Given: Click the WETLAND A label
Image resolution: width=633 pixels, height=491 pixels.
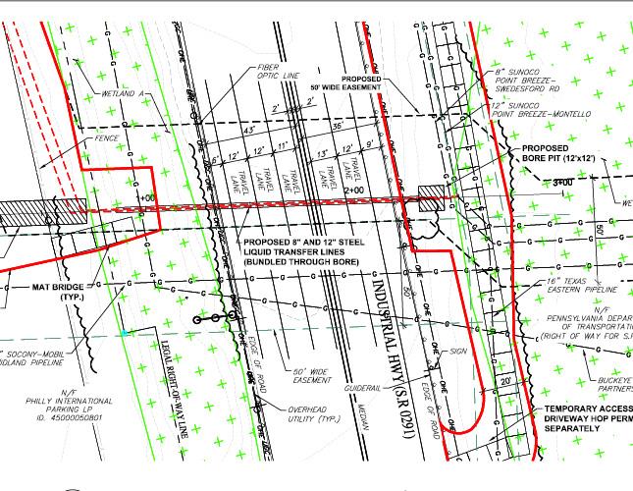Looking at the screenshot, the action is point(124,94).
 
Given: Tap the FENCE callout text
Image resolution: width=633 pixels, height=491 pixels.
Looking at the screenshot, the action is point(107,139).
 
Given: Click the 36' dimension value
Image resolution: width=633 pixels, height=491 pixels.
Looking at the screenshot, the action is point(338,126).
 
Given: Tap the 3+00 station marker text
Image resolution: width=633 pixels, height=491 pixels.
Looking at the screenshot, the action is point(563,183).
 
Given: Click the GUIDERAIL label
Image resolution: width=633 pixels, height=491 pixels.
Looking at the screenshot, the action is point(356,388).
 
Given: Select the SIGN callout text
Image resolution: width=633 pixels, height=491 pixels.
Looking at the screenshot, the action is point(458,351).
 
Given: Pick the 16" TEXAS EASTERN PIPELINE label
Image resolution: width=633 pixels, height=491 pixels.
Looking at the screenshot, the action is point(583,286).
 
